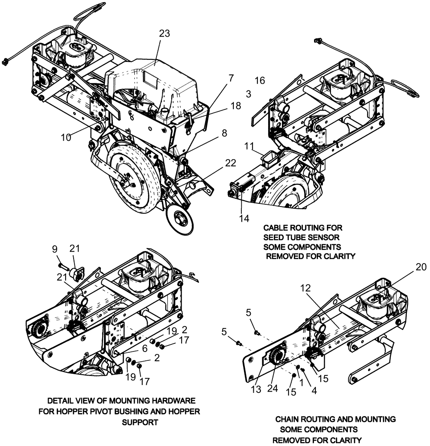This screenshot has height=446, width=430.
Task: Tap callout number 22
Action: [230, 164]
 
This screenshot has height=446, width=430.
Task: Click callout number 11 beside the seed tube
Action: [249, 145]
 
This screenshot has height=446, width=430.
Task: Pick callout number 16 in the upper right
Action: [260, 80]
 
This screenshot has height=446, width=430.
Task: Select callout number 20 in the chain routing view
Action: [421, 267]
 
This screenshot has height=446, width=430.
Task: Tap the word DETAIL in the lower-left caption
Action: [62, 401]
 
